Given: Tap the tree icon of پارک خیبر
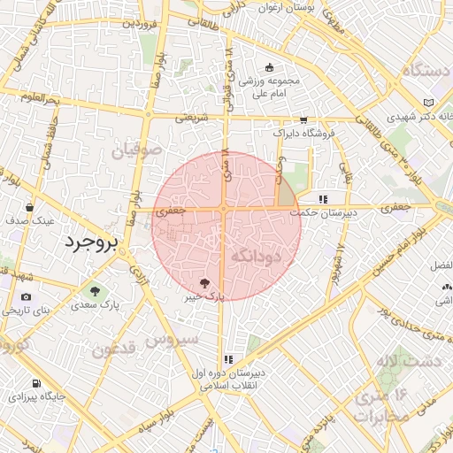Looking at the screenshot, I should click(x=206, y=283).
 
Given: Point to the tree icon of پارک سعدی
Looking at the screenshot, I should click(x=93, y=288).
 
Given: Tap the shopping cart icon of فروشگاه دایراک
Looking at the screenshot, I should click(x=303, y=119).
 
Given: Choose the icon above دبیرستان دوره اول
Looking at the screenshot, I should click(x=228, y=358).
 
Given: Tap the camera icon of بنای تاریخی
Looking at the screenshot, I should click(x=26, y=296).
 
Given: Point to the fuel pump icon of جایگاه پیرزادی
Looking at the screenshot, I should click(x=35, y=383).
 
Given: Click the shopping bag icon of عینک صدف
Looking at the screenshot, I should click(x=31, y=207).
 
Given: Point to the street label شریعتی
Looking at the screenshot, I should click(x=190, y=116).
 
